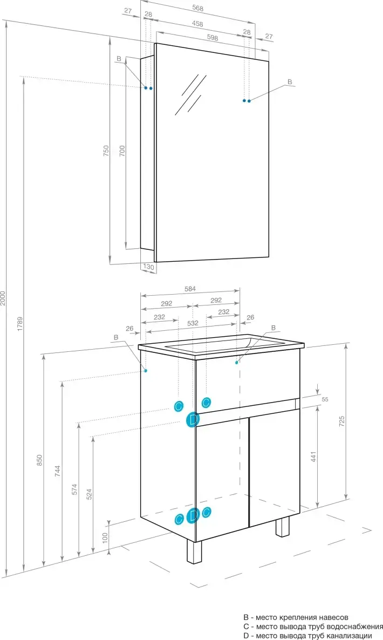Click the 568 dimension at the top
click(198, 8)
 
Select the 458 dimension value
click(197, 24)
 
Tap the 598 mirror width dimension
click(213, 38)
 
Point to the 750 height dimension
click(106, 151)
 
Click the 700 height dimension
click(121, 151)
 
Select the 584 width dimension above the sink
click(190, 289)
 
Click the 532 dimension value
click(193, 323)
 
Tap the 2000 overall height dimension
click(3, 298)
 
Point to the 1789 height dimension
click(20, 323)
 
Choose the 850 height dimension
click(39, 460)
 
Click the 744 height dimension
click(58, 471)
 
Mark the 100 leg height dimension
click(105, 538)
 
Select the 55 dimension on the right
click(325, 399)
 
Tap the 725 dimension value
click(342, 421)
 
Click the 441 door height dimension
click(313, 457)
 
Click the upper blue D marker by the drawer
click(193, 420)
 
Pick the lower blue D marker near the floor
click(193, 516)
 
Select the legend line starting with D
click(308, 635)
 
